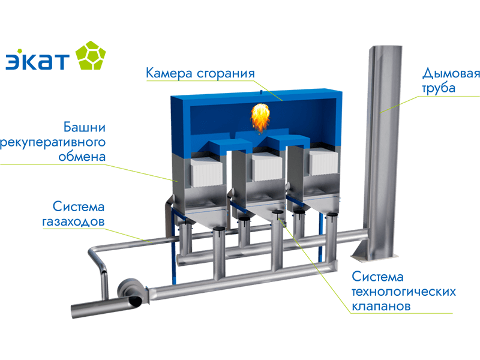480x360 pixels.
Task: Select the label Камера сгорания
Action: click(x=200, y=73)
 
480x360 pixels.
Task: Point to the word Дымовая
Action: click(x=451, y=74)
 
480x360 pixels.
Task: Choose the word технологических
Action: click(x=404, y=292)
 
